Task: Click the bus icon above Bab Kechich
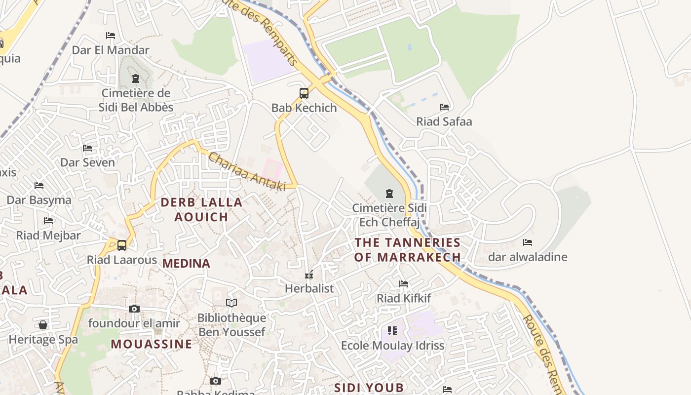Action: point(304,93)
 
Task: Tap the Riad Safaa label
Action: point(444,121)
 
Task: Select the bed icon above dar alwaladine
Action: point(528,242)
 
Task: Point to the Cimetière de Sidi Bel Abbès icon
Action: point(136,79)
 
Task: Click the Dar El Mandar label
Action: point(111,50)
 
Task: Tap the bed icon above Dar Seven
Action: point(87,148)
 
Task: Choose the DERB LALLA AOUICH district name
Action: point(201,209)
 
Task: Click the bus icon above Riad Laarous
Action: point(122,245)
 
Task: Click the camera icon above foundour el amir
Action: point(134,309)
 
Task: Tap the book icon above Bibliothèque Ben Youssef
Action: point(231,303)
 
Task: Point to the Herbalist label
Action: point(309,288)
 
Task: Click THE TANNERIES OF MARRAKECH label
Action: point(408,250)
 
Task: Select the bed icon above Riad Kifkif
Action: point(404,284)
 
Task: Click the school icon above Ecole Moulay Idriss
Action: point(392,331)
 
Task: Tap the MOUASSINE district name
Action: point(151,344)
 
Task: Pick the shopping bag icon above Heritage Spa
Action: point(43,325)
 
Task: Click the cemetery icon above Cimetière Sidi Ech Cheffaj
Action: point(389,193)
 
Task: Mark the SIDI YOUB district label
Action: point(369,388)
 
